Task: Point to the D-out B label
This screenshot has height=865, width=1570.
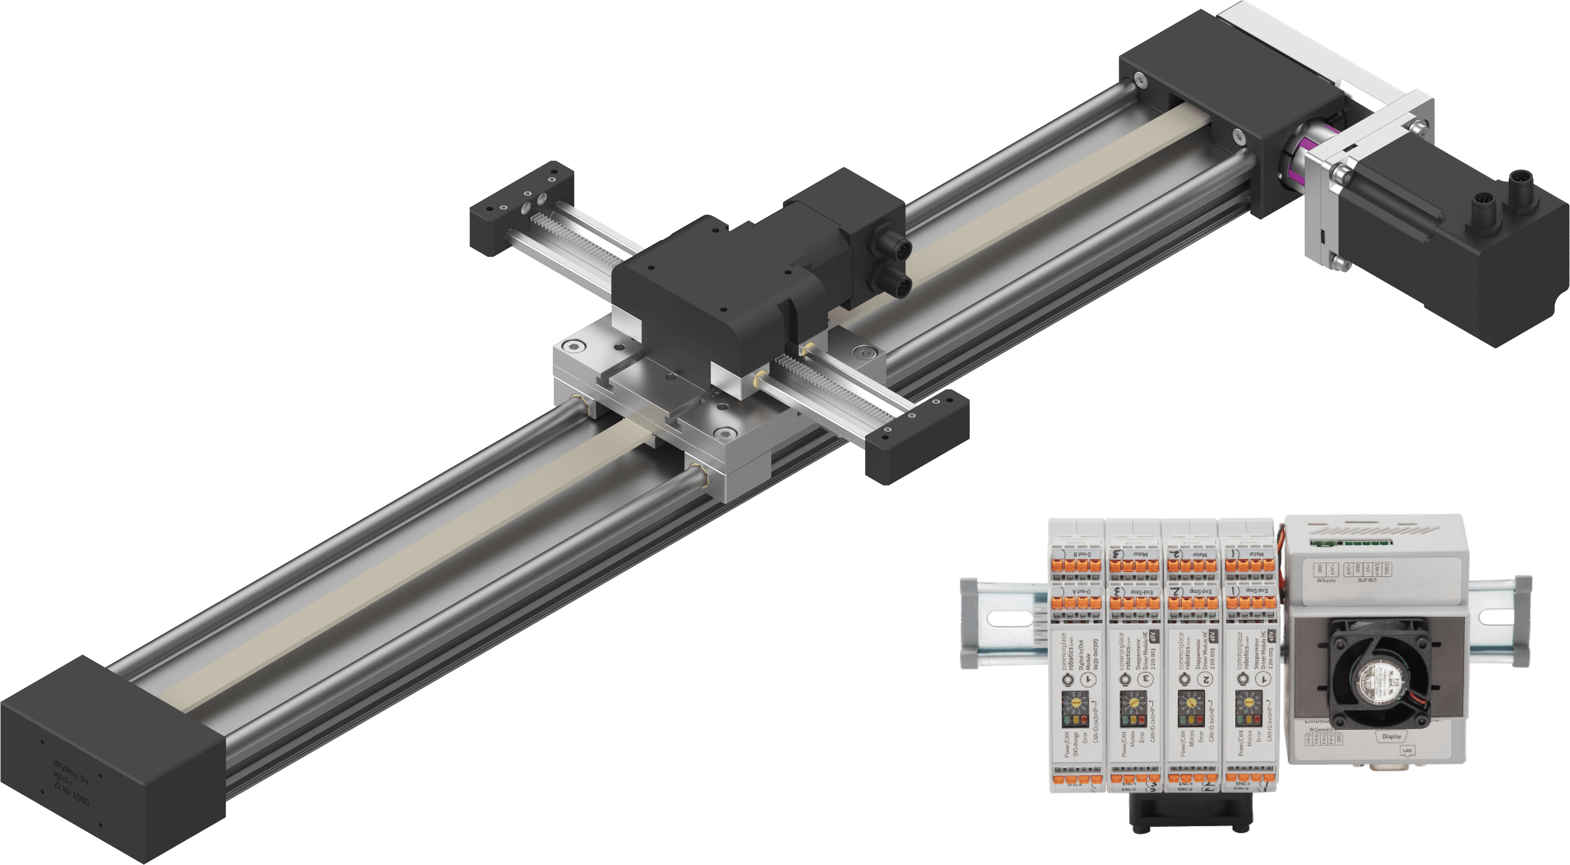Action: pos(1078,553)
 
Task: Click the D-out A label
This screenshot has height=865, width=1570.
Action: pos(1078,591)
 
